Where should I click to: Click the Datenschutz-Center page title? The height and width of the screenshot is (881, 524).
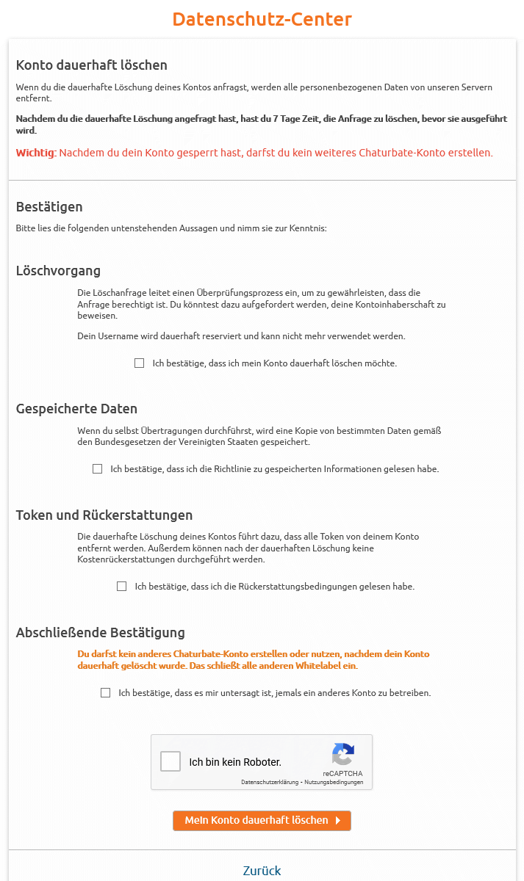[x=262, y=19]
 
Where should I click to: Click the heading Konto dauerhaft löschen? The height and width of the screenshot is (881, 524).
[x=92, y=65]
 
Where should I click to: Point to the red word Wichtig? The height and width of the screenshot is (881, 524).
[x=35, y=153]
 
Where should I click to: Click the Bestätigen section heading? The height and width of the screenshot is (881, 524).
[x=49, y=206]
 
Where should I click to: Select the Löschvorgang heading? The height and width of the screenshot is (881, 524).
[x=58, y=271]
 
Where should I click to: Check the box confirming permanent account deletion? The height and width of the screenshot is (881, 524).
[x=140, y=363]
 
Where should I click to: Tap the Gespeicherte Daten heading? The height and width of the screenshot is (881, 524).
[x=76, y=409]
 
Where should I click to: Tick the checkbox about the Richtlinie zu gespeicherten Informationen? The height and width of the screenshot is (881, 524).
[x=98, y=469]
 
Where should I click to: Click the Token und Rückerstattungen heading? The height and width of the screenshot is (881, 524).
[x=104, y=515]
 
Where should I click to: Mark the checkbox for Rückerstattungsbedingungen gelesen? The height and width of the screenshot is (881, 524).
[x=122, y=587]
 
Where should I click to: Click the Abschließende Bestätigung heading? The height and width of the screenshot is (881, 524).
[x=101, y=633]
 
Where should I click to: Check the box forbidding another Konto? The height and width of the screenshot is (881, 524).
[x=106, y=693]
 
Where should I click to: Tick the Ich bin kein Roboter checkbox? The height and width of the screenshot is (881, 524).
[x=171, y=761]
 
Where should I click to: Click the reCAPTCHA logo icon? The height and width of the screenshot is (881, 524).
[x=342, y=755]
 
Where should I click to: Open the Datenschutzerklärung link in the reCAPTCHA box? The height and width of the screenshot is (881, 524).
[x=269, y=783]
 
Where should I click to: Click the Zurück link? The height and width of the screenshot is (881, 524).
[x=262, y=871]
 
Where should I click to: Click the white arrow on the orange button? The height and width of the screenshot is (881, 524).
[x=337, y=821]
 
